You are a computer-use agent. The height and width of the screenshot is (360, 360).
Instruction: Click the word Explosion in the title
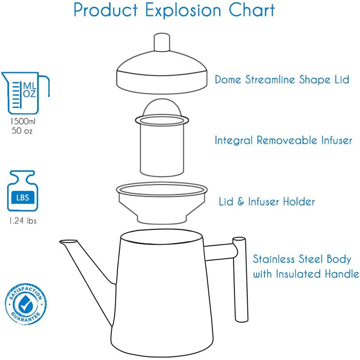(x=183, y=11)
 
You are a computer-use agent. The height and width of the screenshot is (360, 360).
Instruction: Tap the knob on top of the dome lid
(x=162, y=42)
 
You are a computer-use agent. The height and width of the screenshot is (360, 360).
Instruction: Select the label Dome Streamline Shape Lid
(x=282, y=79)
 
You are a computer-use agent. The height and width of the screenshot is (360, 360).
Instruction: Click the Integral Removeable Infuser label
(x=283, y=140)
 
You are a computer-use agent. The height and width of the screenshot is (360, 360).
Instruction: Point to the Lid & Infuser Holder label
(x=266, y=202)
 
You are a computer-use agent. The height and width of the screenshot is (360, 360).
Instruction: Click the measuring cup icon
(x=25, y=93)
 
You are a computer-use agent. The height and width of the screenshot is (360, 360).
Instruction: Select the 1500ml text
(x=23, y=121)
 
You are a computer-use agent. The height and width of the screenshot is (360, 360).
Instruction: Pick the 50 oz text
(x=22, y=131)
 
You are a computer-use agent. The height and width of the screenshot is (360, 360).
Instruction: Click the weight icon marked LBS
(x=23, y=191)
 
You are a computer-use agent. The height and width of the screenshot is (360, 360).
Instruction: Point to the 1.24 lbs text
(x=23, y=221)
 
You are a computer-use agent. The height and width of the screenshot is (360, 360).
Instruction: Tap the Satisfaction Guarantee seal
(x=26, y=304)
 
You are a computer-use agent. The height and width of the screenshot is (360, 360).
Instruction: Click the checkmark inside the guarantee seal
(x=26, y=304)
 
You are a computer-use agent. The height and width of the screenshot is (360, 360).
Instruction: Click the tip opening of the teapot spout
(x=68, y=242)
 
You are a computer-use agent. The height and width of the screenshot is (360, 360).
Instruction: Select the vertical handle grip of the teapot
(x=240, y=279)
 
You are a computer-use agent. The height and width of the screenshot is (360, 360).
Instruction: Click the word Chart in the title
(x=251, y=11)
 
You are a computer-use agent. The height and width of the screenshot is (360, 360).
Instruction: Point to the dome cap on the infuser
(x=162, y=107)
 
